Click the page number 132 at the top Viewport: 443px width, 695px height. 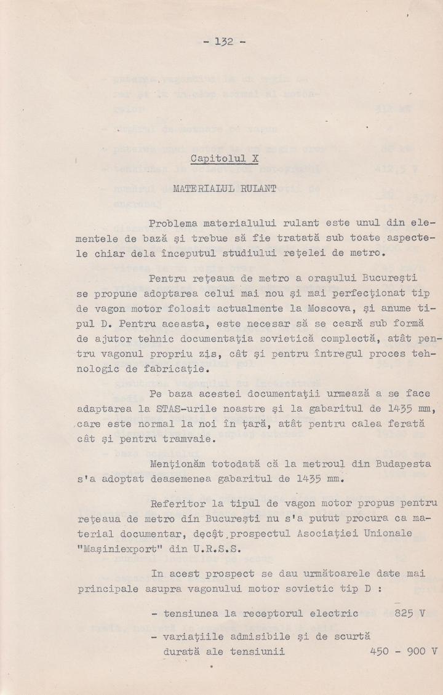pyautogui.click(x=224, y=42)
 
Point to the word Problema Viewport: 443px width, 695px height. pyautogui.click(x=172, y=221)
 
